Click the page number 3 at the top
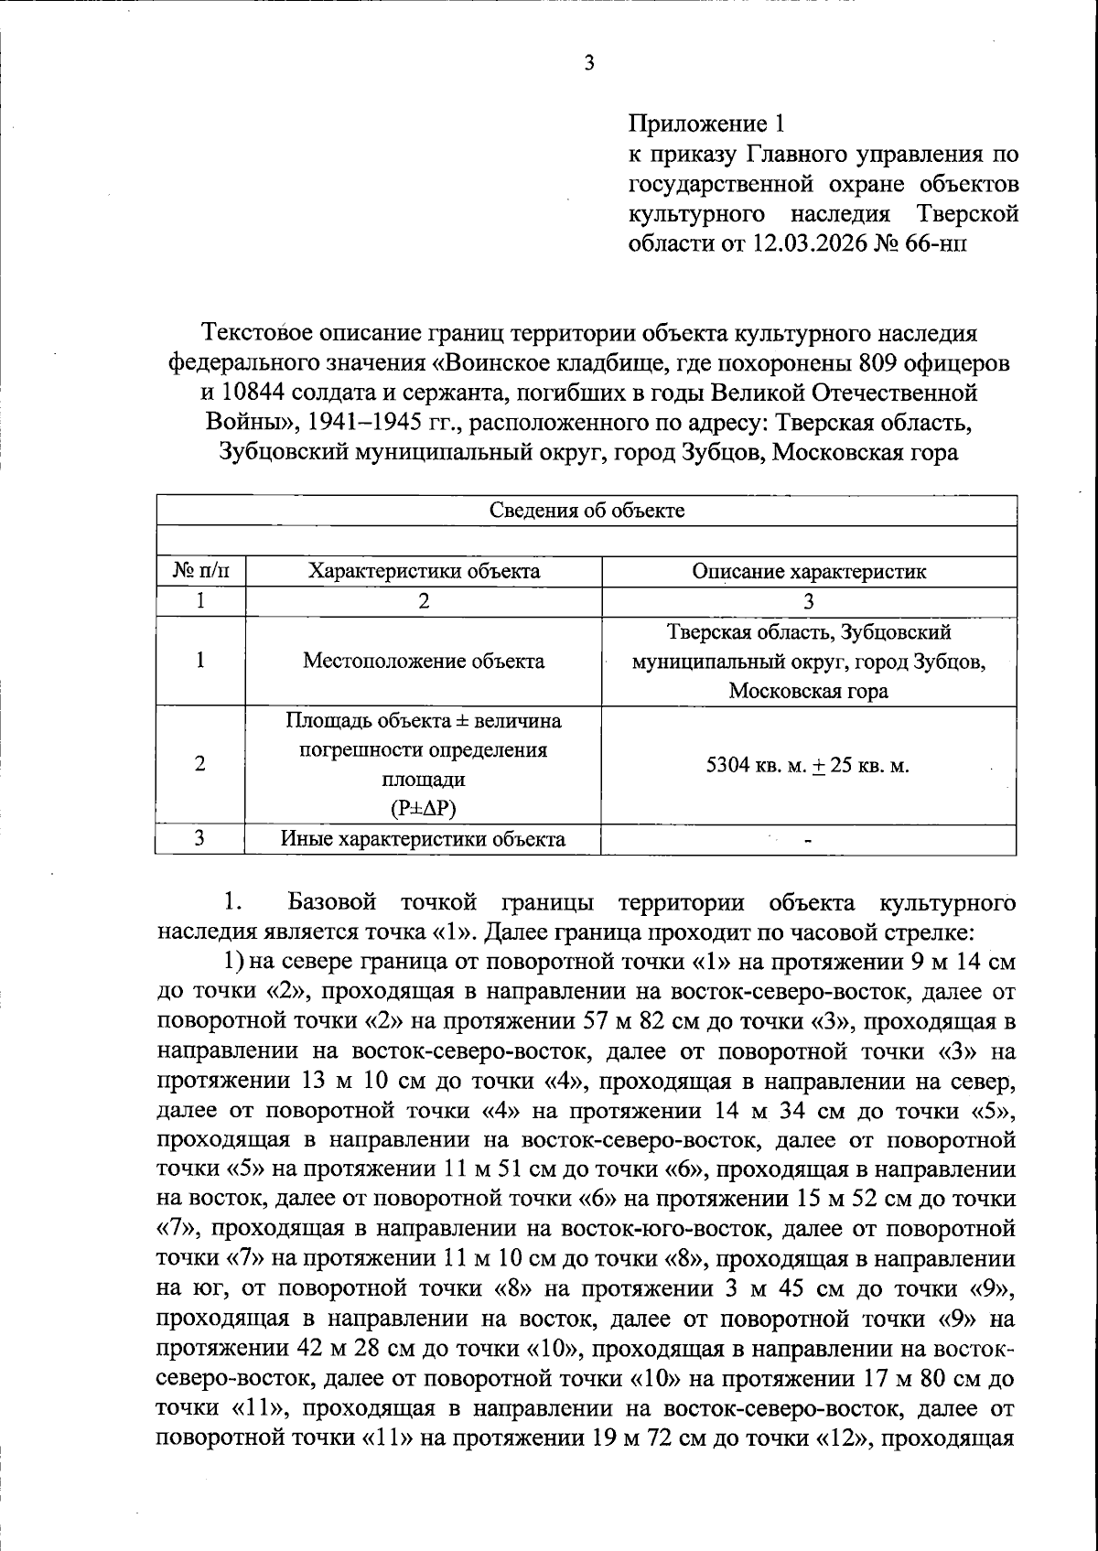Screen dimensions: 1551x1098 tap(589, 64)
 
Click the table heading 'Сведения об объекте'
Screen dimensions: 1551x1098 tap(587, 511)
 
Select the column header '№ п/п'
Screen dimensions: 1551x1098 tap(200, 572)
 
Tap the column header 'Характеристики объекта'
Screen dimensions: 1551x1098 tap(424, 572)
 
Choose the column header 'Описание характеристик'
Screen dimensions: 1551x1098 tap(809, 572)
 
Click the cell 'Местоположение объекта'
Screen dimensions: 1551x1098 tap(424, 661)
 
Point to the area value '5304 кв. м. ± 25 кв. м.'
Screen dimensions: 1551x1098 tap(809, 765)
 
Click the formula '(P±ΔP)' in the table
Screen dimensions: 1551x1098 tap(424, 809)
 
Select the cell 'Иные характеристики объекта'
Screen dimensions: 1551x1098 tap(424, 838)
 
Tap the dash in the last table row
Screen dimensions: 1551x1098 tap(808, 840)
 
